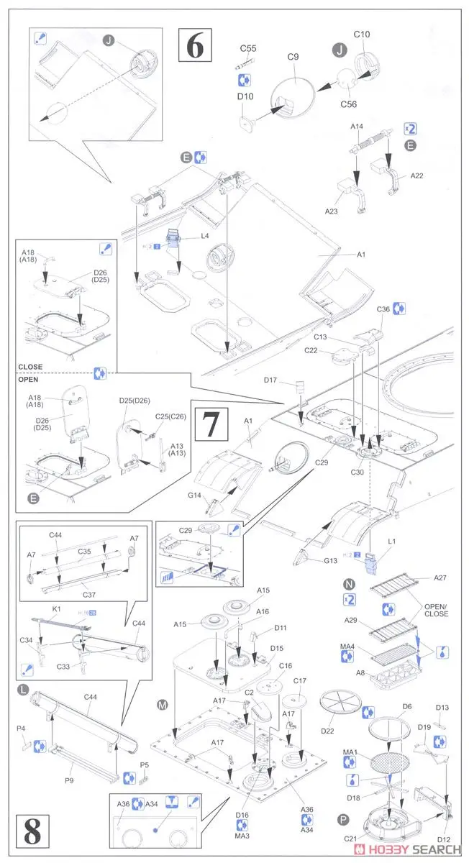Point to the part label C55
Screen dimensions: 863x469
[x=247, y=49]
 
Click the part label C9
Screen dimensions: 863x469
[x=292, y=58]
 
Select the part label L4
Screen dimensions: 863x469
[x=205, y=236]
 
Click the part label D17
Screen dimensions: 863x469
[x=270, y=379]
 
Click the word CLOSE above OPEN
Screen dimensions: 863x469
[x=30, y=367]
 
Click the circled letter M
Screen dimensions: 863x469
[x=163, y=704]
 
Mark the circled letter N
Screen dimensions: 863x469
[x=350, y=585]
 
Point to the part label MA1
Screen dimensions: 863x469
[x=350, y=753]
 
